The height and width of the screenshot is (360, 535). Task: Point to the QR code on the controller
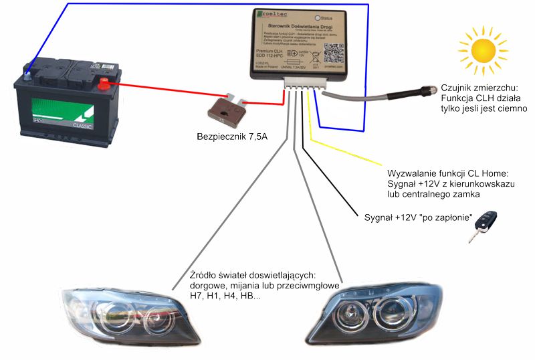coord(332,54)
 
